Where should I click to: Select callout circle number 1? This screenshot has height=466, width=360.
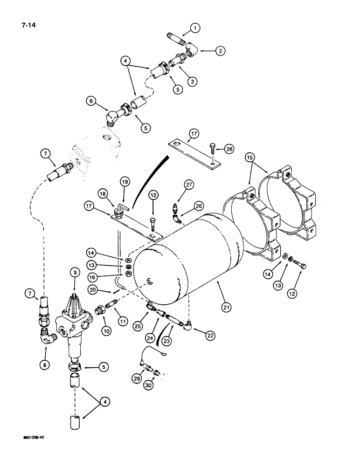click(x=195, y=28)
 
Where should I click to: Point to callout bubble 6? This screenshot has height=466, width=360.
click(x=91, y=100)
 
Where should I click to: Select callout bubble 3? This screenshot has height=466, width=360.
click(x=192, y=81)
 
